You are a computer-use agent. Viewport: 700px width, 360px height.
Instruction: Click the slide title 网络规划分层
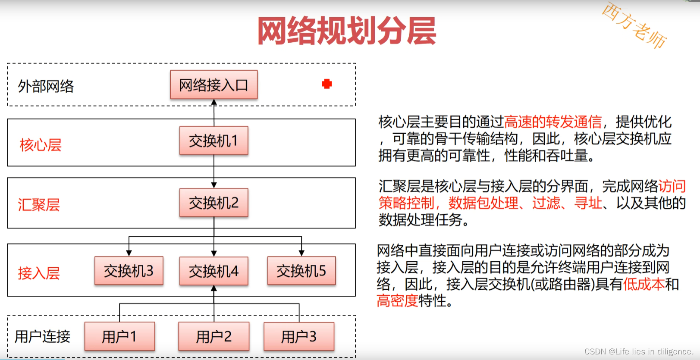(347, 31)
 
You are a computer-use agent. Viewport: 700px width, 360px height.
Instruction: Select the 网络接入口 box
(213, 85)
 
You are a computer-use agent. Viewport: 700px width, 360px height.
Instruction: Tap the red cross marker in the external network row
(327, 84)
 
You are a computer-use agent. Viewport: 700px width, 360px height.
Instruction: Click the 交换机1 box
(213, 141)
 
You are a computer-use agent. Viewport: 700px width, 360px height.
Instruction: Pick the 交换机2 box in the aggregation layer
(213, 203)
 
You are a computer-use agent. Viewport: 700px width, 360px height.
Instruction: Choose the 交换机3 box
(129, 271)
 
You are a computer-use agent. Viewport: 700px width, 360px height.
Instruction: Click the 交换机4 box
(213, 271)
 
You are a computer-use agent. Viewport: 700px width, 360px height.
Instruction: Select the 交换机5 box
(301, 271)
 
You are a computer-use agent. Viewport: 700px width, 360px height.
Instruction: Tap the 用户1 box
(119, 336)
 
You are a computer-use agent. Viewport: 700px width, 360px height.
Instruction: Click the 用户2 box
(213, 336)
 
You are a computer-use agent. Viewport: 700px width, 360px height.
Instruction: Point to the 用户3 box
(298, 336)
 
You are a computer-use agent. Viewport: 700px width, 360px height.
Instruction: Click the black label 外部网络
(46, 86)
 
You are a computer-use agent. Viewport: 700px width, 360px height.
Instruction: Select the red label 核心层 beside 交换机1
(41, 145)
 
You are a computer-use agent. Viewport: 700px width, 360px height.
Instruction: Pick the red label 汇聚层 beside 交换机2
(39, 204)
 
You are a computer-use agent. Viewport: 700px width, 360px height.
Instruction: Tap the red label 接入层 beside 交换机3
(39, 273)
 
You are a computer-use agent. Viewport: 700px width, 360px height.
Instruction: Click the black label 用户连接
(42, 336)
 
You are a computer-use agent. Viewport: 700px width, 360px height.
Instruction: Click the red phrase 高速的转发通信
(552, 122)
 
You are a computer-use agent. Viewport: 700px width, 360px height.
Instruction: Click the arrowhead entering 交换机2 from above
(214, 185)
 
